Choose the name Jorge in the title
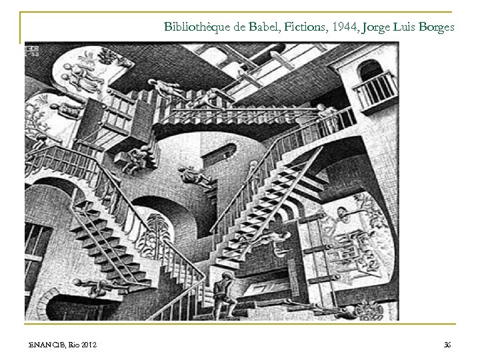[x=374, y=27]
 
